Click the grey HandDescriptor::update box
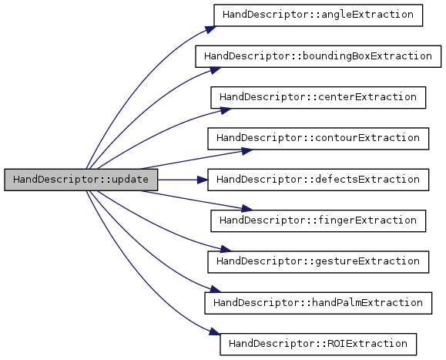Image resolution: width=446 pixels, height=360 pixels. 81,180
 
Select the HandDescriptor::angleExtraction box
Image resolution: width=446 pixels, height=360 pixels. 318,15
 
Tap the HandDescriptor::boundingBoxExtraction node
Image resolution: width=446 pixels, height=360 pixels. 318,56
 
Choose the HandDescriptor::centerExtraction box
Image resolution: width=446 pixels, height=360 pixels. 318,98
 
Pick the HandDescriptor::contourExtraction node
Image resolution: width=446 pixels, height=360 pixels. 318,139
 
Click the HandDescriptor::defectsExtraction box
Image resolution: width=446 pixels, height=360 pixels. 318,180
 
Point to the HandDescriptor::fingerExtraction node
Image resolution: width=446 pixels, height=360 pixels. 318,220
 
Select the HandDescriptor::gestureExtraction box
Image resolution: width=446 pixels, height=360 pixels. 318,262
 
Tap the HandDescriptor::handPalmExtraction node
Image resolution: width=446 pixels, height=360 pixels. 318,303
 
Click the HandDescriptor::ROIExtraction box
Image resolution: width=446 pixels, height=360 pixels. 318,345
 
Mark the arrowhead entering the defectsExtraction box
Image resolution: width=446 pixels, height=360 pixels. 203,180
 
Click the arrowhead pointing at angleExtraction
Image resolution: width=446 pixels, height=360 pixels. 210,29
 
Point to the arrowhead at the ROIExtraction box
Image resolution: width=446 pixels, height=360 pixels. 215,331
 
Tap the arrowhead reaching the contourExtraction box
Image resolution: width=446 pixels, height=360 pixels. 247,151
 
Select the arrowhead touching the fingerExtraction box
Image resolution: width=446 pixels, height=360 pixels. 247,209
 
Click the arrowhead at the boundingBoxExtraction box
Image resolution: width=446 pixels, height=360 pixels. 216,70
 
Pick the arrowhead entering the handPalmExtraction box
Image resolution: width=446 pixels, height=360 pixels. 216,290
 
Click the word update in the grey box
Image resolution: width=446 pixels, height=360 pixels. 130,180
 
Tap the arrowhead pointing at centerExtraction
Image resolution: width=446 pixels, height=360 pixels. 226,110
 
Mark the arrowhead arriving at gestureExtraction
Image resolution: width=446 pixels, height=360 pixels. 226,249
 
